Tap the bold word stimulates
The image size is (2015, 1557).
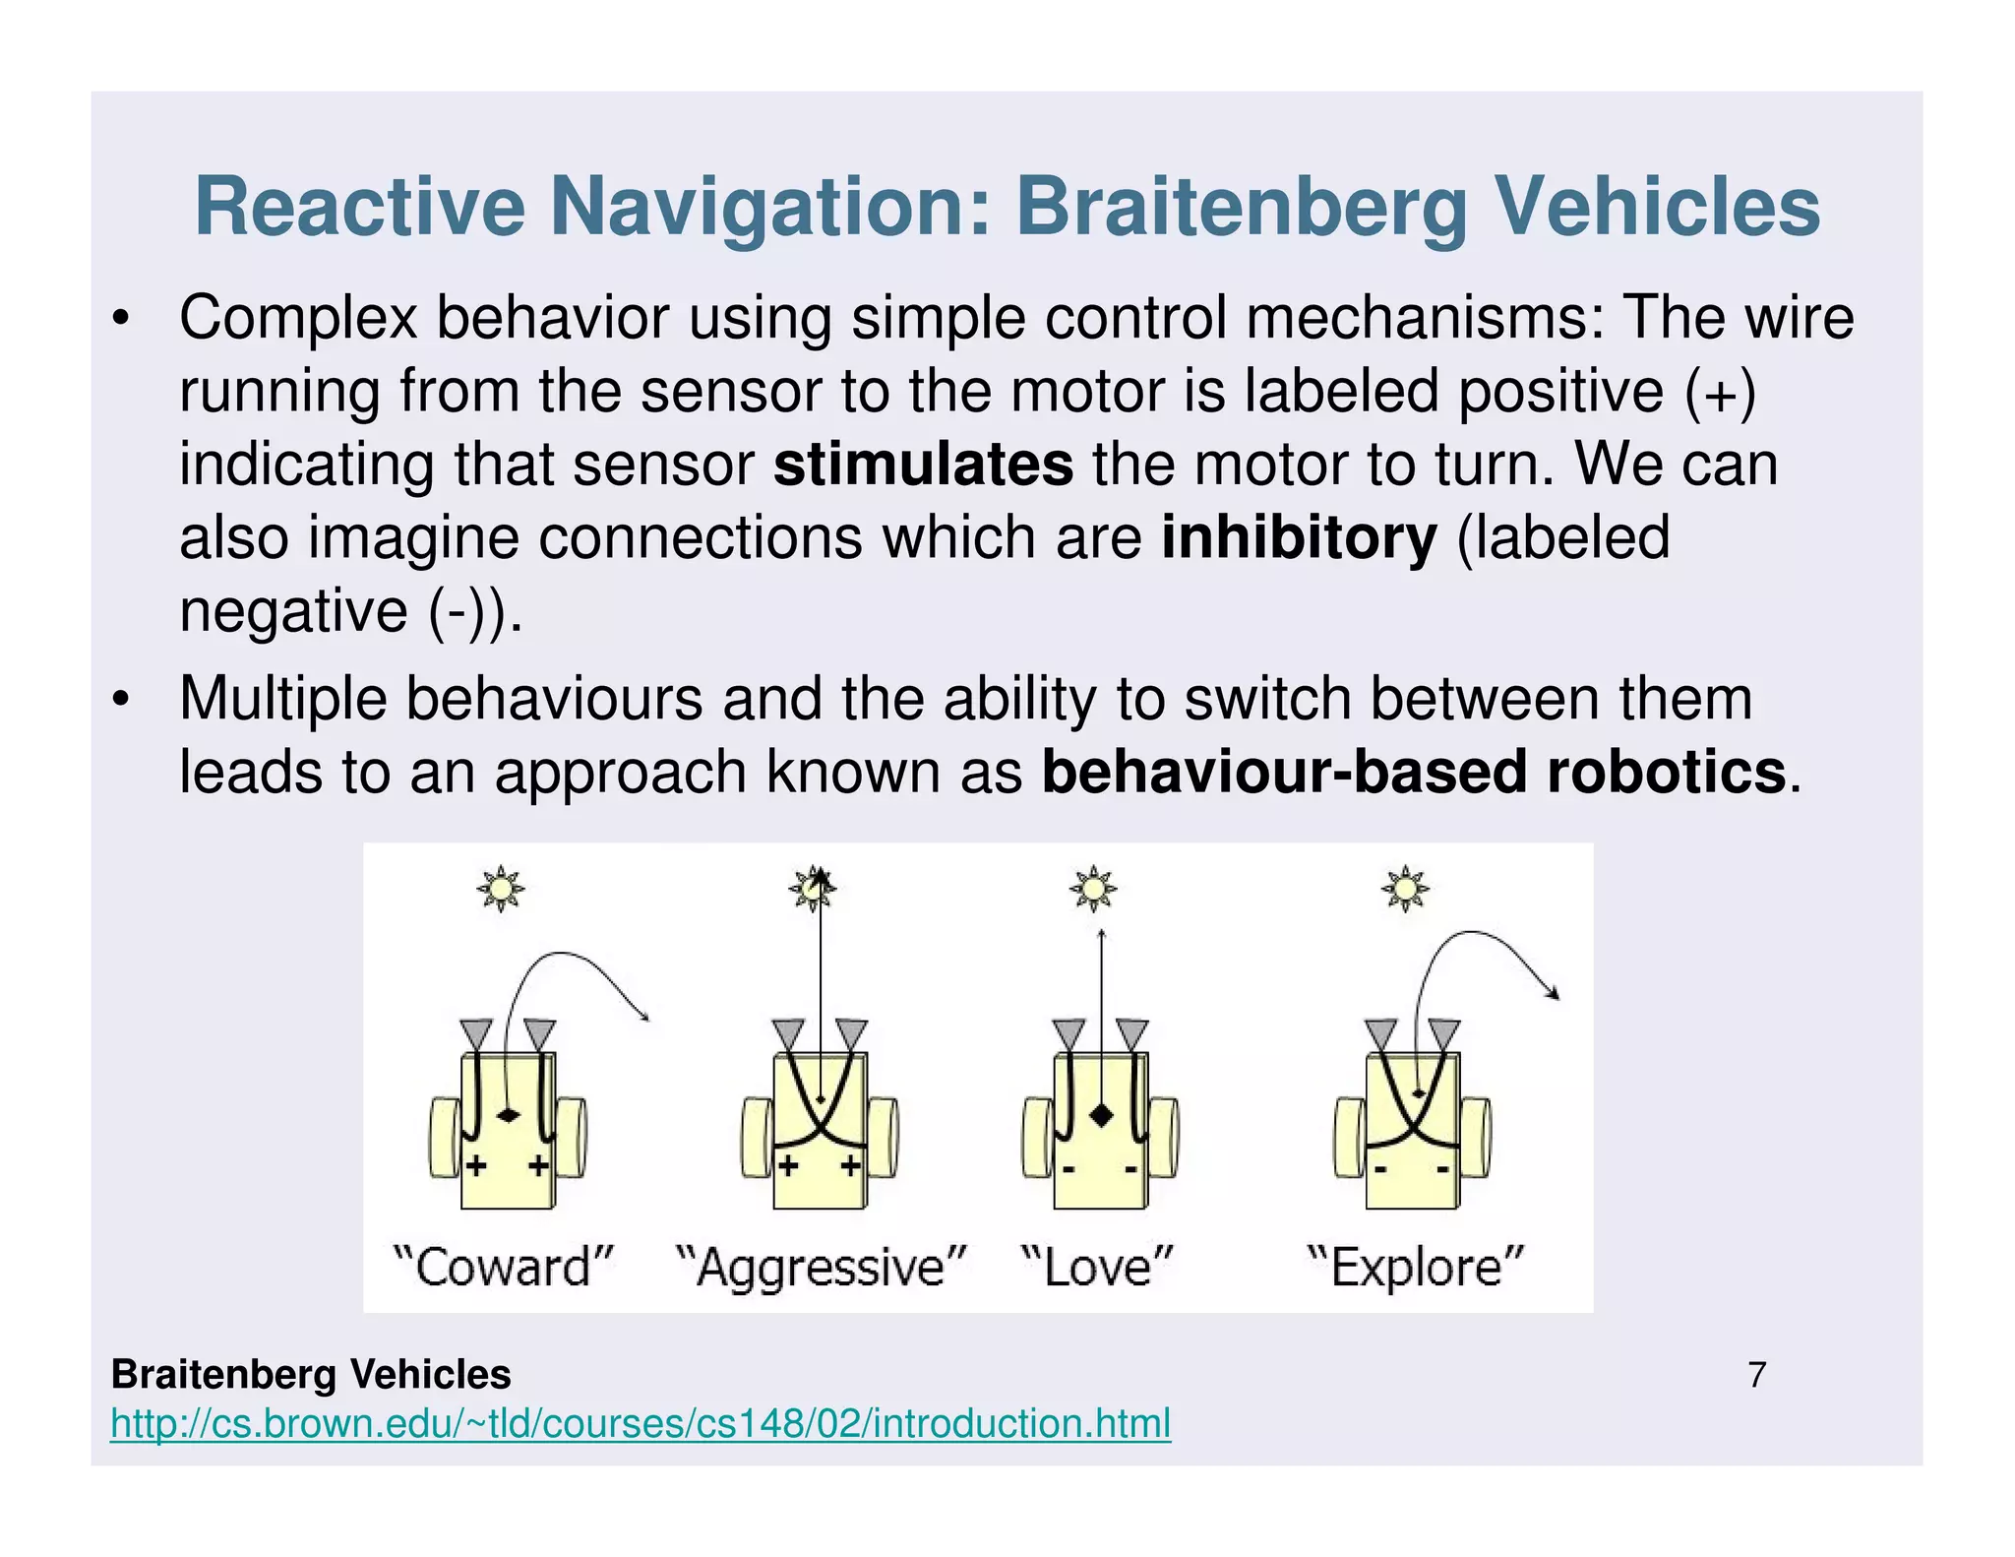click(923, 465)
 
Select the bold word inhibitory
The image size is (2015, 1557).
click(1299, 537)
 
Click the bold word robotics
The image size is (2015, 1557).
click(1666, 772)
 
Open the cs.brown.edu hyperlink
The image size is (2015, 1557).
click(641, 1423)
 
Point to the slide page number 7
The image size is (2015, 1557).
click(1757, 1374)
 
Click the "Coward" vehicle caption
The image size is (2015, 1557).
click(504, 1266)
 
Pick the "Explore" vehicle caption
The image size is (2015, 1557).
click(1416, 1266)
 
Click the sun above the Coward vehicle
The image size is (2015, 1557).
click(501, 889)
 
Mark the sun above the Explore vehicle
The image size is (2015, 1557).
click(1405, 889)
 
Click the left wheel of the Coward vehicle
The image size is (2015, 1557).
click(444, 1138)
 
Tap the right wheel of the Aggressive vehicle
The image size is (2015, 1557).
click(883, 1138)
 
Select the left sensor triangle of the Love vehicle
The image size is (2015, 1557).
click(1069, 1033)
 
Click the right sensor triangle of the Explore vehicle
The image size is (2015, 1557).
click(1444, 1033)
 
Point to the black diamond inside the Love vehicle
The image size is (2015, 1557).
click(1101, 1115)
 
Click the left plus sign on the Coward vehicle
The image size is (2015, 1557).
click(476, 1167)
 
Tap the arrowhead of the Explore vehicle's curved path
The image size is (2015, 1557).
click(1555, 995)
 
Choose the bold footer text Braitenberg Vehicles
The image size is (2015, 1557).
click(311, 1374)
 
